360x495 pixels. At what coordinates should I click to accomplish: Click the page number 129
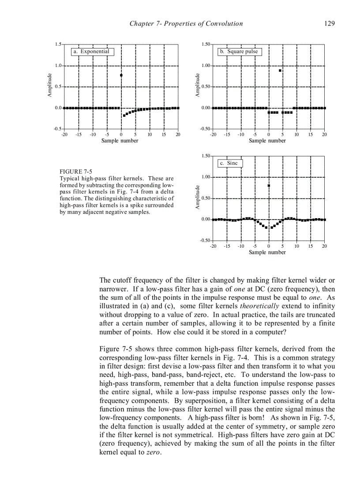pos(329,24)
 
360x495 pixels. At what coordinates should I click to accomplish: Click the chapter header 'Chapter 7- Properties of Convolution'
pos(186,24)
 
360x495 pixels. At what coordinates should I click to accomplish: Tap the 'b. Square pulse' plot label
pos(239,52)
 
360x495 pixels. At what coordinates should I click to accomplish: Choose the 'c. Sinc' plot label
pos(230,163)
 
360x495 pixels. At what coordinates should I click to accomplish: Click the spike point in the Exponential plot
pos(121,75)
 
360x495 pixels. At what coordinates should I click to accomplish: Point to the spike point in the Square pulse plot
pos(280,71)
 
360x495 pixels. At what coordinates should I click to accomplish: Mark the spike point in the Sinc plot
pos(269,186)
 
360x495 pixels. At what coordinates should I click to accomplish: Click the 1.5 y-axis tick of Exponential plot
pos(58,45)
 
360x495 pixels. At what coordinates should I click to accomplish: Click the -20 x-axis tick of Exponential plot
pos(64,134)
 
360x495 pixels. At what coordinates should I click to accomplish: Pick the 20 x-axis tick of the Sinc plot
pos(324,246)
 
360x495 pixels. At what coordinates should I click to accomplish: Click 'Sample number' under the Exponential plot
pos(120,141)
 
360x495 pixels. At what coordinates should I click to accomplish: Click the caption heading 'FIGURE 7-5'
pos(76,171)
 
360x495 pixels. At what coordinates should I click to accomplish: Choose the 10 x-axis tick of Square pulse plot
pos(296,134)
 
